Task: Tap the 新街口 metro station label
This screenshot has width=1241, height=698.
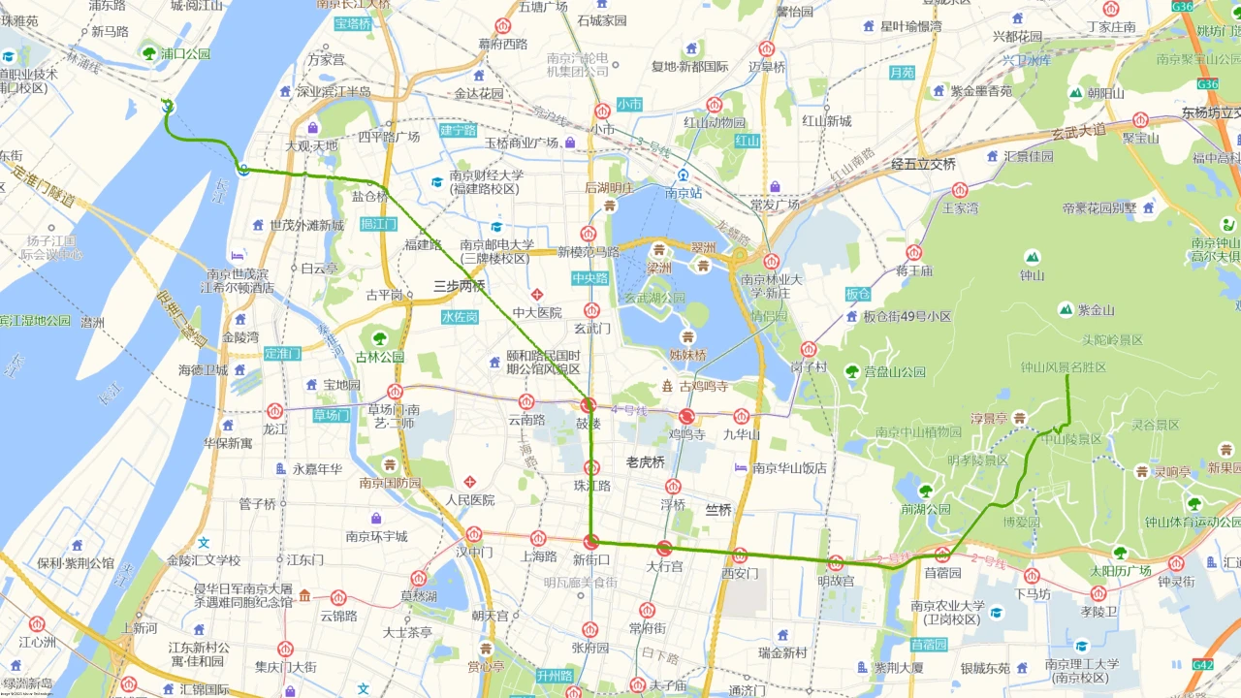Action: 590,558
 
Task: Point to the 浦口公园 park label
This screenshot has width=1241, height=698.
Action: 185,54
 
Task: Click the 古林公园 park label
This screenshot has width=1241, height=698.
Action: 379,357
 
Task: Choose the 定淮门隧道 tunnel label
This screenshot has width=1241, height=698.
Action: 43,188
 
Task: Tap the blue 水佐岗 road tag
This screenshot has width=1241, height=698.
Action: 460,317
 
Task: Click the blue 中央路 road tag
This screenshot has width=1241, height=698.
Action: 589,278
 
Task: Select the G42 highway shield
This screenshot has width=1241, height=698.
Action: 1202,665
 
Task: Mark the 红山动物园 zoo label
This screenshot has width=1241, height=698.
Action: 715,123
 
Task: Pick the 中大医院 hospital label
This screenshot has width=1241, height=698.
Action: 537,312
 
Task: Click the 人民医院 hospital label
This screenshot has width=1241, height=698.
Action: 470,500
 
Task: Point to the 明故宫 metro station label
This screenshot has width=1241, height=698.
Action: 836,581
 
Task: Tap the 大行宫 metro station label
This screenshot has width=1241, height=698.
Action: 665,565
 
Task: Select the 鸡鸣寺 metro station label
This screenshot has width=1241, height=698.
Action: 686,434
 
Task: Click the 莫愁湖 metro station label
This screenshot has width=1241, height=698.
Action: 420,595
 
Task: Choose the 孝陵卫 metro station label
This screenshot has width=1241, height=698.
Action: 1098,612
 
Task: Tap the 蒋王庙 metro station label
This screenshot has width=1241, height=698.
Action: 913,270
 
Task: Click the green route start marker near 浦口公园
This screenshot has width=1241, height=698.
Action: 167,106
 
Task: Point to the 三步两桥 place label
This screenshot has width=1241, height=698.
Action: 459,287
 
